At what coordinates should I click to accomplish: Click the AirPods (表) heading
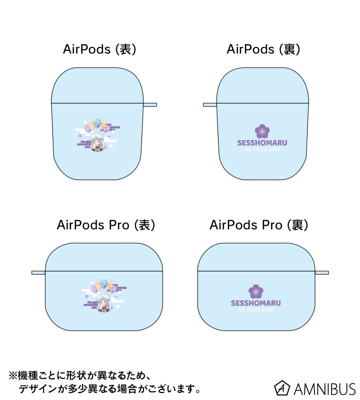point(99,49)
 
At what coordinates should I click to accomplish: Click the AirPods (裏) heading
point(263,49)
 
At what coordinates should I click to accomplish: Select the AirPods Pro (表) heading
point(106,225)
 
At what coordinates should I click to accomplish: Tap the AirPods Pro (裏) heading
point(259,225)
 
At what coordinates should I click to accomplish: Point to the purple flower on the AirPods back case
point(262,131)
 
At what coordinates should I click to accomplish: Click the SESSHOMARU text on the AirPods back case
point(262,142)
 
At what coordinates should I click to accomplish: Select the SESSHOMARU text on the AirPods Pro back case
point(255,303)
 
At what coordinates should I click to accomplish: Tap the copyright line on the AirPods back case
point(262,148)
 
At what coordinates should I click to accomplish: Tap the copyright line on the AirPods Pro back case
point(255,309)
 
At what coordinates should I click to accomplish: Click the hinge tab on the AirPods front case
point(150,104)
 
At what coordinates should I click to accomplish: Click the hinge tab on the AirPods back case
point(210,104)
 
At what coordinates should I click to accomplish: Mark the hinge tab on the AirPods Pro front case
point(38,272)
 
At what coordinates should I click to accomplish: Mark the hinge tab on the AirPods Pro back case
point(321,272)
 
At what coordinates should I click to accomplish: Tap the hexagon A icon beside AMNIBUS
point(282,388)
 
